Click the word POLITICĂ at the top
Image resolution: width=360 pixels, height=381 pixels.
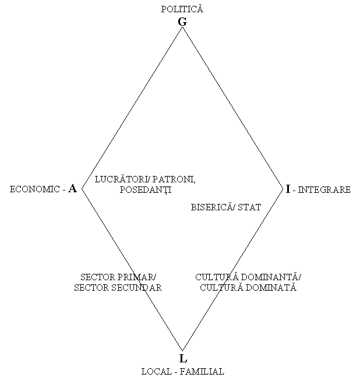(x=182, y=9)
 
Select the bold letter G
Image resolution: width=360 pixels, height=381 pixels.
(x=182, y=22)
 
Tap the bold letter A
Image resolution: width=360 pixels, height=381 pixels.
(x=72, y=189)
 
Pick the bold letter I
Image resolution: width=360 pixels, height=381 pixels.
(x=288, y=189)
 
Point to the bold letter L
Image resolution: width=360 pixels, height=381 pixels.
(x=183, y=358)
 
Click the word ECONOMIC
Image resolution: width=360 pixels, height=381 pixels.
(x=35, y=189)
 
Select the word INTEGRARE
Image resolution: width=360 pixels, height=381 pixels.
(x=324, y=189)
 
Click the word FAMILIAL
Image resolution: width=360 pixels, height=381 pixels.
(x=202, y=372)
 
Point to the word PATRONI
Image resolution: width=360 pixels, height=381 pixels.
(x=174, y=179)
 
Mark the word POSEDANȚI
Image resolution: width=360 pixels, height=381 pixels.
(x=146, y=190)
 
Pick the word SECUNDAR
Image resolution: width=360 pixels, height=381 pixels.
(x=137, y=288)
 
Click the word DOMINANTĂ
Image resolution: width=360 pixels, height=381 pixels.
(x=272, y=277)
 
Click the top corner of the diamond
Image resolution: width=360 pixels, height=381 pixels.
(x=182, y=27)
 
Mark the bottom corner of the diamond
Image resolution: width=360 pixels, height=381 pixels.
(x=182, y=351)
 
